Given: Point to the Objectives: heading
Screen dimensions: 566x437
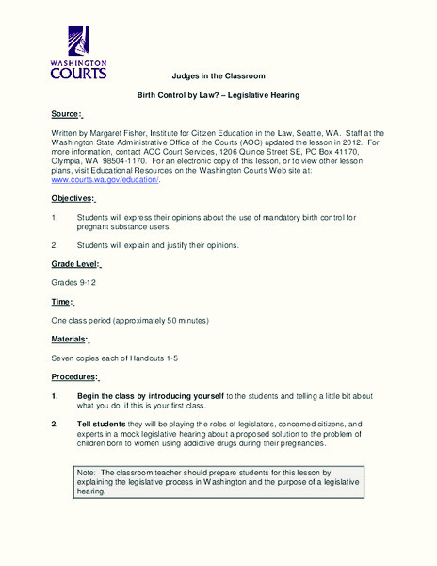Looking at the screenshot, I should (73, 198).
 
